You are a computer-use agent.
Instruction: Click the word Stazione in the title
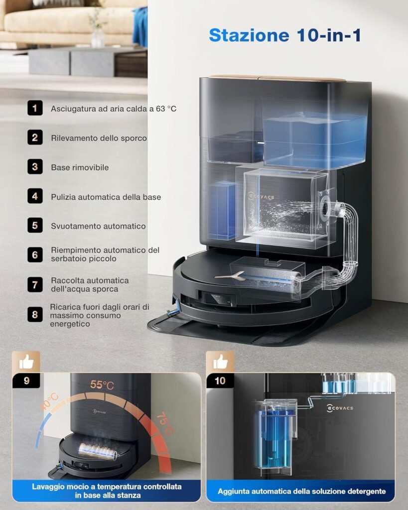[x=249, y=35]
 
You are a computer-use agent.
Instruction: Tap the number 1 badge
[x=35, y=108]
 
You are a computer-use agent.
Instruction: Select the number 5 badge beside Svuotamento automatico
[x=35, y=226]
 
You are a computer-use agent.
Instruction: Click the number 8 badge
[x=35, y=315]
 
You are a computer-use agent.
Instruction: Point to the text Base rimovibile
[x=80, y=167]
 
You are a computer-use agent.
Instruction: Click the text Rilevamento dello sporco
[x=99, y=138]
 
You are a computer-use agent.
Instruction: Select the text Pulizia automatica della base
[x=106, y=197]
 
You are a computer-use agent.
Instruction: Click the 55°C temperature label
[x=102, y=385]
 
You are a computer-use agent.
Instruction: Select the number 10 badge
[x=220, y=381]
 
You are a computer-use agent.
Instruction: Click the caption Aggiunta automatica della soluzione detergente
[x=301, y=491]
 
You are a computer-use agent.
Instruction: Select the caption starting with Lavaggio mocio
[x=107, y=491]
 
